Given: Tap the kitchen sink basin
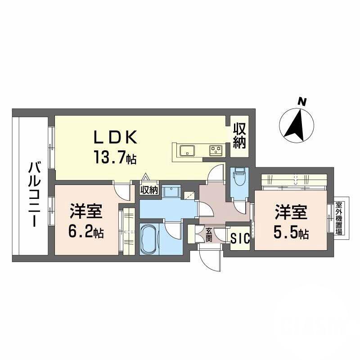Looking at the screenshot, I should tap(186, 149).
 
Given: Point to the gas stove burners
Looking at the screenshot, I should tap(215, 150).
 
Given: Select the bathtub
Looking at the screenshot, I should tap(152, 238).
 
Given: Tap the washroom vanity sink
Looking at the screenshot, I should tap(171, 192).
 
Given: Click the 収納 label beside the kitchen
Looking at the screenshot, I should tap(239, 136).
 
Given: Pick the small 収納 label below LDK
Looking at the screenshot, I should tap(149, 190).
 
